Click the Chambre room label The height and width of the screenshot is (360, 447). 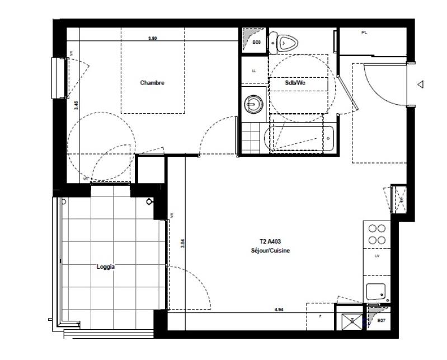point(152,83)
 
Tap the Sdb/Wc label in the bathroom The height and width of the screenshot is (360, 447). point(294,83)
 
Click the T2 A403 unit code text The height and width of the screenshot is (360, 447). point(270,242)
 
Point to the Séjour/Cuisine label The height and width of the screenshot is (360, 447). point(270,251)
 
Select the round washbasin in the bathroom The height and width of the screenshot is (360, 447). point(255,103)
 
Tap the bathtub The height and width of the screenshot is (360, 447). point(299,139)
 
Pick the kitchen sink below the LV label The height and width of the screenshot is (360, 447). point(377,292)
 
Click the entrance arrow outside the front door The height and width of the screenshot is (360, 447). point(421,84)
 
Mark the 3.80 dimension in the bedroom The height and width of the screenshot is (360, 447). point(152,38)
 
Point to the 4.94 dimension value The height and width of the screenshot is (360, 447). point(279,309)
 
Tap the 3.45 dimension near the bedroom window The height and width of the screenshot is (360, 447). point(76,104)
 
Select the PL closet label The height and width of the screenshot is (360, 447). point(364,33)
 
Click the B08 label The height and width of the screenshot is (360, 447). point(257,43)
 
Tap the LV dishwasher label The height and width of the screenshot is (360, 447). point(377,255)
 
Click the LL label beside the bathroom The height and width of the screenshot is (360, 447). point(255,71)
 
